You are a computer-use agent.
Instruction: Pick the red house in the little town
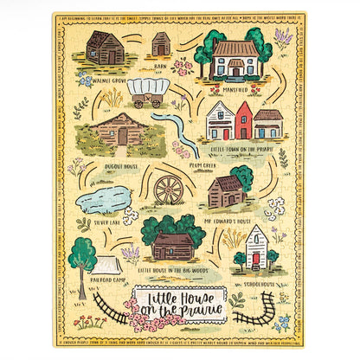tap(244, 120)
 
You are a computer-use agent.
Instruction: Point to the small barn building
tap(160, 44)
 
